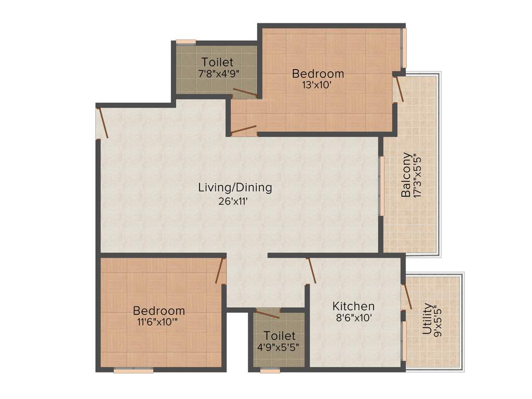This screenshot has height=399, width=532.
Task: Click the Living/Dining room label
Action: [x=235, y=188]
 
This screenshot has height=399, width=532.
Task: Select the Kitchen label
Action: [x=353, y=306]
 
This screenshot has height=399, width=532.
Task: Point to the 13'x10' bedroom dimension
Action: [x=317, y=85]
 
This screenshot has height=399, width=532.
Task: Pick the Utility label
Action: [x=427, y=318]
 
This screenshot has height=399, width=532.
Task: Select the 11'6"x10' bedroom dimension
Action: [x=159, y=322]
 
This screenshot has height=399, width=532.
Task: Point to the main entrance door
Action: [x=103, y=122]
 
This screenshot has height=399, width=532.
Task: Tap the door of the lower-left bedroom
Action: [x=220, y=270]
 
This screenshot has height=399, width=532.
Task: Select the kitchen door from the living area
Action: [x=311, y=271]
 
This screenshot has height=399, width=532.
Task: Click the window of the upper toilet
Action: [x=185, y=42]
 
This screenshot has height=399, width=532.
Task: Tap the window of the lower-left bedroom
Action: [x=134, y=370]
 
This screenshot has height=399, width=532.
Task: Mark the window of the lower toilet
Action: [x=270, y=370]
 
